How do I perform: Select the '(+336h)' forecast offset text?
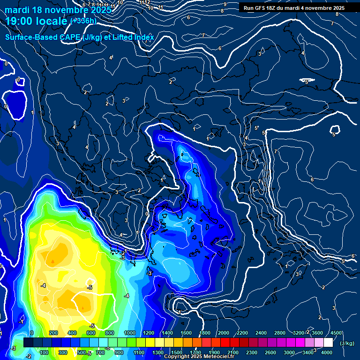click(x=83, y=21)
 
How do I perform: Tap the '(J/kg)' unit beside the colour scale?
click(x=347, y=343)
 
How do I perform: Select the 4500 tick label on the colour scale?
click(x=336, y=333)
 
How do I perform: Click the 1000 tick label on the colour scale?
click(x=129, y=333)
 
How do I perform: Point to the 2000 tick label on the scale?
click(x=223, y=333)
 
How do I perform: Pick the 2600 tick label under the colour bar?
click(x=270, y=352)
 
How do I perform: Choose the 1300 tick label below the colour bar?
click(x=157, y=352)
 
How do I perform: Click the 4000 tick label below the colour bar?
click(x=327, y=352)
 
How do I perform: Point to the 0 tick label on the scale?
click(x=32, y=333)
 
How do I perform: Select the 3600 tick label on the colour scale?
click(x=317, y=333)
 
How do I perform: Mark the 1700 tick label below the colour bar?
click(x=195, y=352)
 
